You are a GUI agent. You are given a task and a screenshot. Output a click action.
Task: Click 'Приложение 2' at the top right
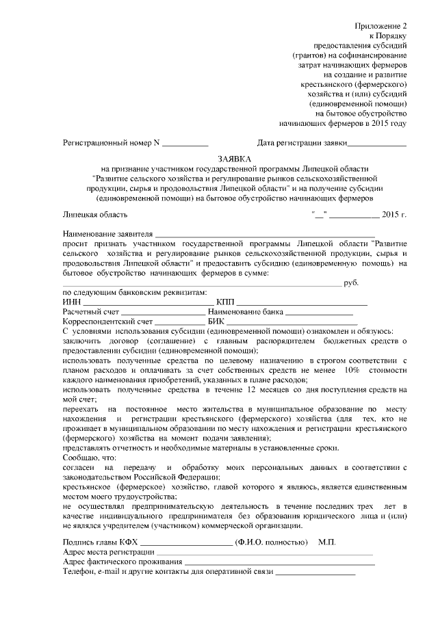click(381, 25)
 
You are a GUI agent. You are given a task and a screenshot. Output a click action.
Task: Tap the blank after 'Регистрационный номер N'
click(185, 144)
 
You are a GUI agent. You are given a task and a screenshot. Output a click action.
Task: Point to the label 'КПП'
click(225, 302)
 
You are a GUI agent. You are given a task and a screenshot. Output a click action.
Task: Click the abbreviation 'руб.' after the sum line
click(352, 282)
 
